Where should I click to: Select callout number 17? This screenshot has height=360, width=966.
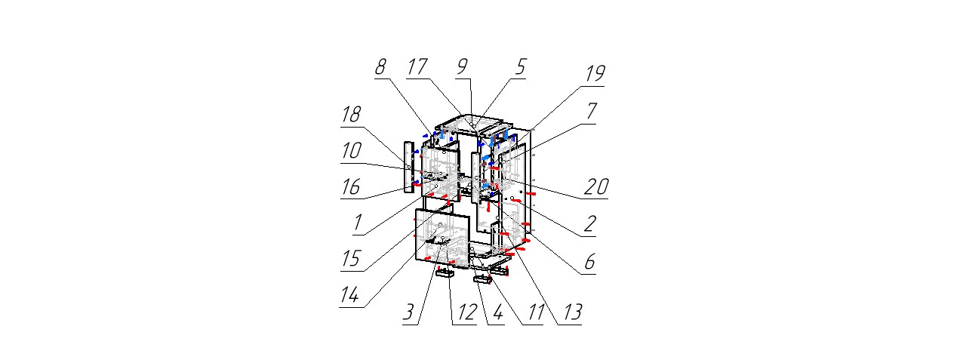[x=417, y=66]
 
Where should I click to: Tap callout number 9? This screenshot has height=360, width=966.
[x=463, y=66]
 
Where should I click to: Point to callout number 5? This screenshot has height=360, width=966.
[x=520, y=66]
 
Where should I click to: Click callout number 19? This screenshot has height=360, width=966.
[x=595, y=74]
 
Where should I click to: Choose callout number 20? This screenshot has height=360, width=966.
[x=596, y=186]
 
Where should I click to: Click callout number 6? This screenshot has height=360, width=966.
[x=589, y=261]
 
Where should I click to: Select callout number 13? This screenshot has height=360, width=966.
[x=572, y=312]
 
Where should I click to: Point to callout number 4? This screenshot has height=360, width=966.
[x=495, y=312]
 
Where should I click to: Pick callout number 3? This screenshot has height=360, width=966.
[x=409, y=312]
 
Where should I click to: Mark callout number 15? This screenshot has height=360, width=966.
[x=350, y=259]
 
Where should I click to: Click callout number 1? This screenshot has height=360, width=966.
[x=358, y=223]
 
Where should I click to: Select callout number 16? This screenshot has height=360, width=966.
[x=350, y=186]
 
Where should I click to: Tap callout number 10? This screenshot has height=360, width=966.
[x=350, y=150]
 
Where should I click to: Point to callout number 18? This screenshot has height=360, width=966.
[x=350, y=115]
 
